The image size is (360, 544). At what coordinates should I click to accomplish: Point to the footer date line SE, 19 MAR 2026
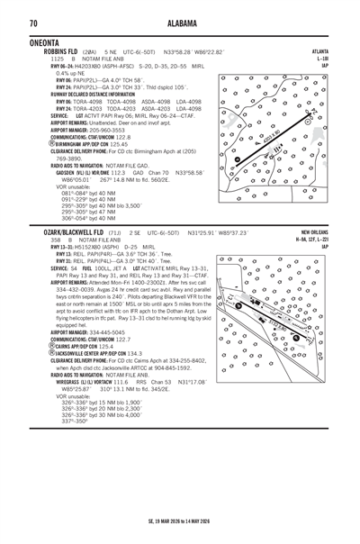180,521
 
